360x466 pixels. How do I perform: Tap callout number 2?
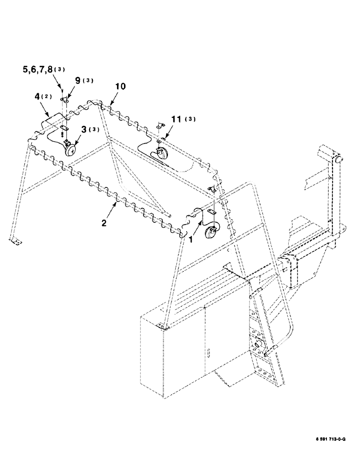coord(104,223)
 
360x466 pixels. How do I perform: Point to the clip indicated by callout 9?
coord(65,100)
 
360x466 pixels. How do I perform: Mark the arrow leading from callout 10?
coord(112,98)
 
